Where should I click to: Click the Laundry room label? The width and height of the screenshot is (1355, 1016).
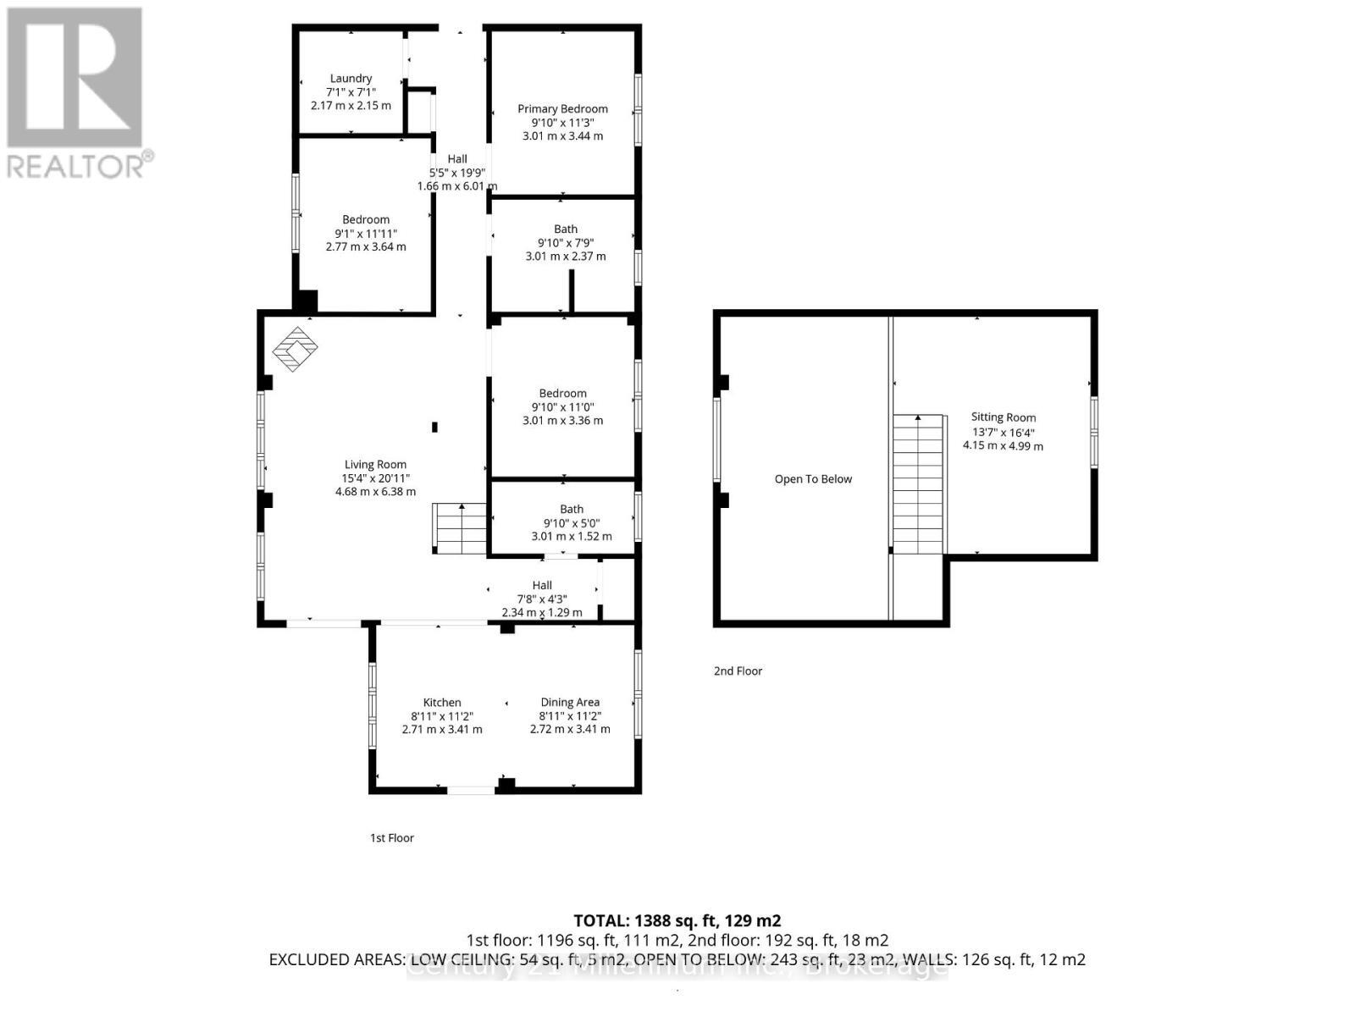click(x=351, y=78)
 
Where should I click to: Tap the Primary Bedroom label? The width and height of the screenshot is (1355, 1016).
click(x=562, y=108)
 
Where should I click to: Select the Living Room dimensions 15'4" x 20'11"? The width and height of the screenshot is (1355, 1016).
click(x=375, y=478)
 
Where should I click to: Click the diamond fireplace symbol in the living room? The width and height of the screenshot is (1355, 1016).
click(x=295, y=349)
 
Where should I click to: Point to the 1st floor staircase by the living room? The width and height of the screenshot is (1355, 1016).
click(x=460, y=528)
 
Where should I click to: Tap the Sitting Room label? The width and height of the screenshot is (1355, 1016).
click(x=1003, y=417)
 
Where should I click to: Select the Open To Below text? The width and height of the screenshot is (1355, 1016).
click(x=813, y=479)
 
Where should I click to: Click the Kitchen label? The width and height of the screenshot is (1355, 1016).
click(x=442, y=703)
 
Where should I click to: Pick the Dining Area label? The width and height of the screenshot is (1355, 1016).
click(x=570, y=703)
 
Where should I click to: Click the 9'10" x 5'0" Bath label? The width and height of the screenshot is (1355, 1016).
click(x=571, y=509)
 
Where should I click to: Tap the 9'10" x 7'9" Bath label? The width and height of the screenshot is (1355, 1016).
click(x=566, y=229)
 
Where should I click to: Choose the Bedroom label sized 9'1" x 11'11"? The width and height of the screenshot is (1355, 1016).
click(x=366, y=220)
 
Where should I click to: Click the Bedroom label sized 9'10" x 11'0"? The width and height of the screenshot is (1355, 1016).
click(x=562, y=394)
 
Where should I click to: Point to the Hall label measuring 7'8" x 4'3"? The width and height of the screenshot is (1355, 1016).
click(x=542, y=585)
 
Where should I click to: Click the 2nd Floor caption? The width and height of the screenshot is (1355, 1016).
click(x=738, y=671)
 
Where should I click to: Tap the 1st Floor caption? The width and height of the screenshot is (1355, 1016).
click(x=391, y=838)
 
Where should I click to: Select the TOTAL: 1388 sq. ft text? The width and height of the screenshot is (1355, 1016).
click(x=677, y=920)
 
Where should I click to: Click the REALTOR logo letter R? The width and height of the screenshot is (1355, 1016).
click(x=75, y=78)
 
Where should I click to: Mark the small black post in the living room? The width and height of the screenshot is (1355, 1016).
click(x=435, y=427)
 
